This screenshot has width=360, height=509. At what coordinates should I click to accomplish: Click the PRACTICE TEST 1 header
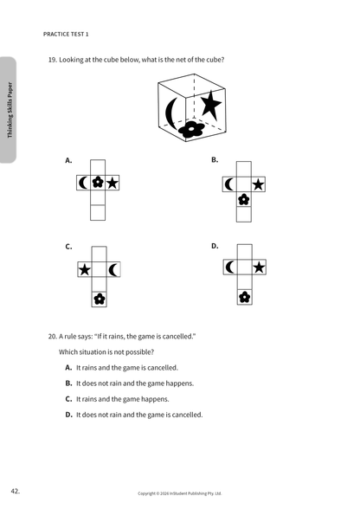tap(66, 34)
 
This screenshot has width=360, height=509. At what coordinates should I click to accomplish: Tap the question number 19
tap(53, 60)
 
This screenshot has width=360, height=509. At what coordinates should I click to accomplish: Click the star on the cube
tap(210, 105)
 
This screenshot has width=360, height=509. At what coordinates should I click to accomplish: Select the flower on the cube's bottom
tap(191, 129)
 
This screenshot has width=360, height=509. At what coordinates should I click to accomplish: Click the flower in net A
tap(98, 183)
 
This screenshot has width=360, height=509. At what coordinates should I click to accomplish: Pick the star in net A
tap(112, 184)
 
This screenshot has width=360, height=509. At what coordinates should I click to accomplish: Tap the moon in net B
tap(229, 184)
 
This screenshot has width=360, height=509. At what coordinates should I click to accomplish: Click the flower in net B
tap(244, 199)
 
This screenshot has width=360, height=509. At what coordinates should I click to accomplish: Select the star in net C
tap(85, 269)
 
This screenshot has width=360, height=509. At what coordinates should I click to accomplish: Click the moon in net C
tap(113, 270)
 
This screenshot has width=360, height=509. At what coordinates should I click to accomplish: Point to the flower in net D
tap(244, 297)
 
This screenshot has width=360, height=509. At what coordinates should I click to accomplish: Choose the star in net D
tap(259, 267)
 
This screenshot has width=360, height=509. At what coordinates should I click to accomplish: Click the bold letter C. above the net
tap(68, 247)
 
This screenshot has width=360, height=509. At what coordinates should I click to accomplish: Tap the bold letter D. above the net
tap(215, 246)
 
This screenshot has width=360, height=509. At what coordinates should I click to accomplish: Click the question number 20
tap(53, 336)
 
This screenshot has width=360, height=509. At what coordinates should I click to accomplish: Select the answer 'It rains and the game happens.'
tap(123, 399)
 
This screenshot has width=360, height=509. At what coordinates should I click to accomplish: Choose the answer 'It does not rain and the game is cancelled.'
tap(139, 415)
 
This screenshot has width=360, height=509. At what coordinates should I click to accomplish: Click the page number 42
tap(16, 491)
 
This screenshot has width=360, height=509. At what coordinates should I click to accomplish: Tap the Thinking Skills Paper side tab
tap(10, 110)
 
